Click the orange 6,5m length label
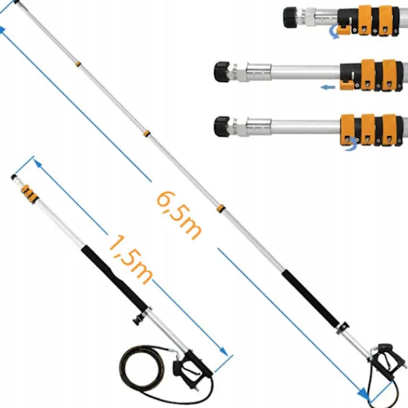coord(179,213)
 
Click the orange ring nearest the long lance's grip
coord(220,207)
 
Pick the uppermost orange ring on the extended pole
coord(78,64)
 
